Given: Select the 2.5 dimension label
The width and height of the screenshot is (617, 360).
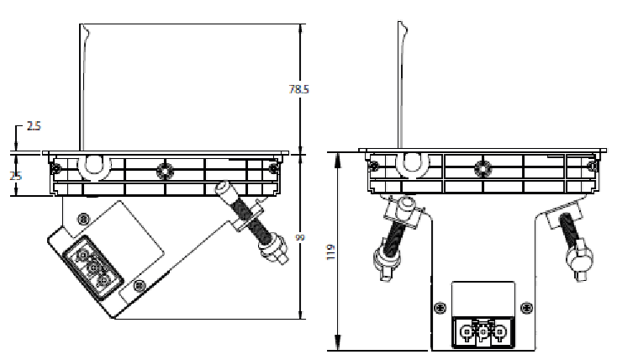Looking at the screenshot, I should pyautogui.click(x=34, y=126).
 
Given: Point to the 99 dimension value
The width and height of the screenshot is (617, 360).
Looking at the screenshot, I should pyautogui.click(x=300, y=240).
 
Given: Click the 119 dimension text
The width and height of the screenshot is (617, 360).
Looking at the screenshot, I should pyautogui.click(x=330, y=252).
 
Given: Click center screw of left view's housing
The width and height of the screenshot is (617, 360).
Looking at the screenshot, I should pyautogui.click(x=166, y=169).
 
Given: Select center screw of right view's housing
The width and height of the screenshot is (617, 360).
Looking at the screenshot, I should pyautogui.click(x=481, y=168).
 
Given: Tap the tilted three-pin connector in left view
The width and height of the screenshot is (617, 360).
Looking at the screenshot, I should pyautogui.click(x=89, y=267).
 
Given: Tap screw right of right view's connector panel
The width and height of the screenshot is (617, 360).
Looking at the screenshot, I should pyautogui.click(x=526, y=306).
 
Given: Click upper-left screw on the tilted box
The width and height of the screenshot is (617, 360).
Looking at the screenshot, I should pyautogui.click(x=82, y=218).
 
